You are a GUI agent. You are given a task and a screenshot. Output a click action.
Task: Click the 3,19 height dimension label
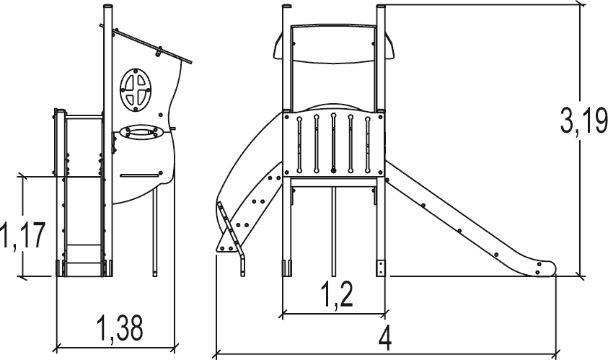[x=583, y=120]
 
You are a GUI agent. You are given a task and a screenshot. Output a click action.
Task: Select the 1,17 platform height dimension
[x=23, y=234]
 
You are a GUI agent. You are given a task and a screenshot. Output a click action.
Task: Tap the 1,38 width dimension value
[x=120, y=328]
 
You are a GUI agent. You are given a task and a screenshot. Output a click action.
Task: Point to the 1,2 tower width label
[x=337, y=295]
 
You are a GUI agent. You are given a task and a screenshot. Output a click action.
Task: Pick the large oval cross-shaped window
[x=136, y=89]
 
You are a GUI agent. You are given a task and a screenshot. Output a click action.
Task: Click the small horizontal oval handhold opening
[x=142, y=131]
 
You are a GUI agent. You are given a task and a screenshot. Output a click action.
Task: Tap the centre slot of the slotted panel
[x=333, y=143]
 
